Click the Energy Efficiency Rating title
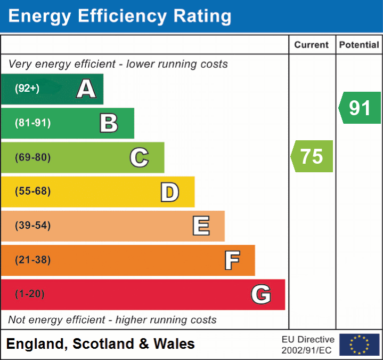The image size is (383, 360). tap(120, 17)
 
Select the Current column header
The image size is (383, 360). tap(312, 45)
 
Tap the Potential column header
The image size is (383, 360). tap(359, 45)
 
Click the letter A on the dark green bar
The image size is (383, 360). tap(86, 89)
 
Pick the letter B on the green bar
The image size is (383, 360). tap(109, 123)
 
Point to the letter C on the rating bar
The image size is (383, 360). tap(139, 157)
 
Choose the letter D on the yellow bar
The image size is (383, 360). tap(169, 192)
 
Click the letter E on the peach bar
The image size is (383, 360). tap(201, 226)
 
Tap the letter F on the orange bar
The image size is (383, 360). tap(232, 260)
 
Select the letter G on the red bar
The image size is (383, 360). tap(261, 294)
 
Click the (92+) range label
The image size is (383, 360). tap(27, 89)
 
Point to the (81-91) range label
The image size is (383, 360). tap(33, 123)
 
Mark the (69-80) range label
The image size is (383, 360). tap(33, 157)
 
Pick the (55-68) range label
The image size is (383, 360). tap(33, 191)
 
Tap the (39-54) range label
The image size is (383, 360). tap(33, 226)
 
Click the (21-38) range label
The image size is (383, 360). tap(33, 260)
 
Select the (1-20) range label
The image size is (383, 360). tap(30, 294)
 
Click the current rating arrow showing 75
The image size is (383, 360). tap(312, 156)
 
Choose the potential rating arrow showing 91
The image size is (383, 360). tap(360, 108)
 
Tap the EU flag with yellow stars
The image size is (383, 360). tap(359, 345)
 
